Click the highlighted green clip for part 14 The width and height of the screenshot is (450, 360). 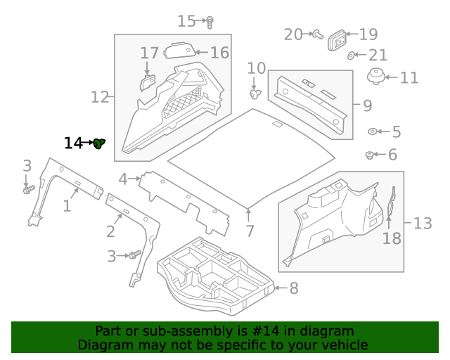click(x=99, y=143)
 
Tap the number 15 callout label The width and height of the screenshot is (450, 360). click(x=186, y=21)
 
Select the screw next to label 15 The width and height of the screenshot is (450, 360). click(x=210, y=22)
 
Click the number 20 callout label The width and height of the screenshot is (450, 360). click(x=292, y=34)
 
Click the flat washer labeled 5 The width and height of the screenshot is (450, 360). click(x=373, y=131)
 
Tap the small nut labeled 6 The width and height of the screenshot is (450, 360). click(x=370, y=155)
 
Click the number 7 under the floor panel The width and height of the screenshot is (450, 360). click(x=249, y=231)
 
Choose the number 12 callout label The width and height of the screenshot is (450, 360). click(x=100, y=96)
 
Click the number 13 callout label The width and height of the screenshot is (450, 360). click(x=422, y=224)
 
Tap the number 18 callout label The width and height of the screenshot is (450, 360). click(x=392, y=238)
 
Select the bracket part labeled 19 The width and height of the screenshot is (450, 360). click(x=339, y=41)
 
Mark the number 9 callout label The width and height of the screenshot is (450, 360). click(x=367, y=105)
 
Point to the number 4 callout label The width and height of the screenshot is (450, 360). click(x=123, y=179)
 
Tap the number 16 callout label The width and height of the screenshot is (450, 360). click(x=219, y=52)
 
